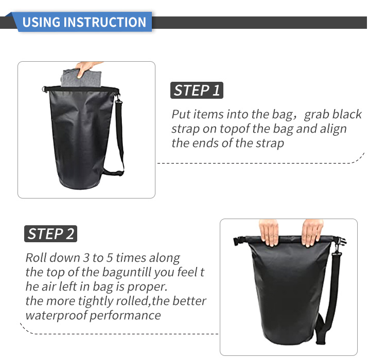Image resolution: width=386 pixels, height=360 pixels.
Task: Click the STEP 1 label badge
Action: [x=197, y=91]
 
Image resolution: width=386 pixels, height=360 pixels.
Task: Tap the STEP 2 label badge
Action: [x=51, y=233]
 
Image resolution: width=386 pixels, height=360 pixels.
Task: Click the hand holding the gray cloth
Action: [x=86, y=68]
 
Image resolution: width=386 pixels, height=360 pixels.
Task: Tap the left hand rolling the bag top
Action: [x=269, y=232]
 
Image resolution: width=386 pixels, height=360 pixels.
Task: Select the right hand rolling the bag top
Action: [x=312, y=232]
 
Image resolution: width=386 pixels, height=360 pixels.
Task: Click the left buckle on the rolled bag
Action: [x=238, y=240]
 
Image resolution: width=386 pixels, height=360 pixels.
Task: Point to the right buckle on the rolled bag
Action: [x=341, y=241]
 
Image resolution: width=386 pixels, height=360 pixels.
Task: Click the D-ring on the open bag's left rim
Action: [x=44, y=89]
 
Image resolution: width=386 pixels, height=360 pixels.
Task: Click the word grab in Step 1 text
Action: [x=317, y=114]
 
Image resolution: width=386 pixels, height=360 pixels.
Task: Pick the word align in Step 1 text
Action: [x=334, y=129]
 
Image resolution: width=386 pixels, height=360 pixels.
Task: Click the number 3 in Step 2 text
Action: [x=86, y=258]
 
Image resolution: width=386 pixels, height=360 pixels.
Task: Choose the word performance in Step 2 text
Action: [x=125, y=316]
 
